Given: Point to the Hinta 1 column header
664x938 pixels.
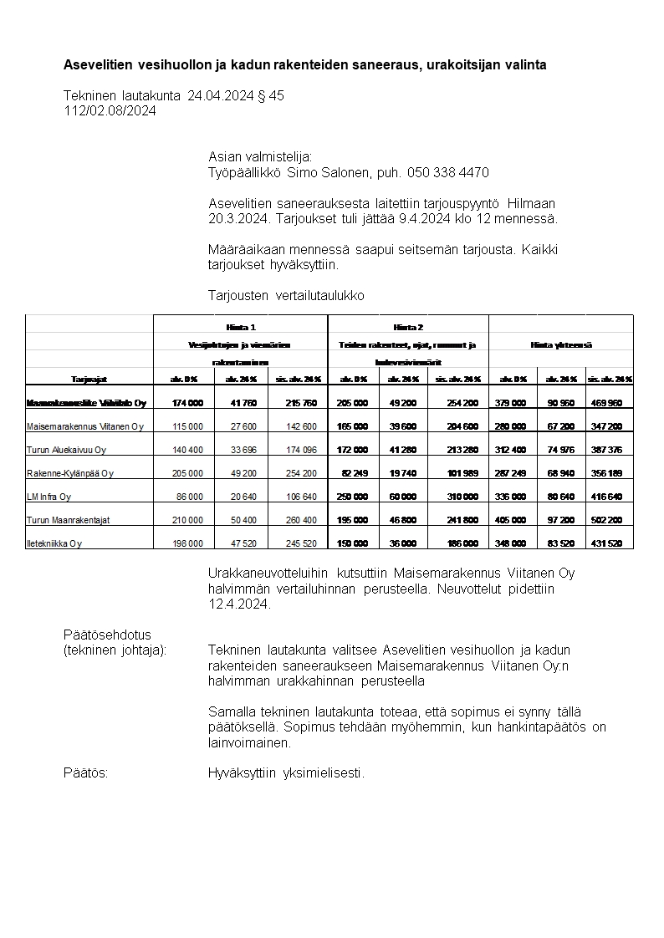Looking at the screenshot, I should click(241, 328).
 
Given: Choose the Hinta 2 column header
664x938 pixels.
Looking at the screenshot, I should click(408, 328).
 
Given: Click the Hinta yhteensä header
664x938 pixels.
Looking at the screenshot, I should click(561, 344).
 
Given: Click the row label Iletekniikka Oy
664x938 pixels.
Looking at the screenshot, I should click(54, 543).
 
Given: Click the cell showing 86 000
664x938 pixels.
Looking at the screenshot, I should click(186, 497).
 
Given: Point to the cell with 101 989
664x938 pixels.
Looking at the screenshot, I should click(462, 473).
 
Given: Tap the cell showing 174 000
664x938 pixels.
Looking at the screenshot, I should click(186, 403).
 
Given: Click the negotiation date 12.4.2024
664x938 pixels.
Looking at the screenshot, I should click(239, 604).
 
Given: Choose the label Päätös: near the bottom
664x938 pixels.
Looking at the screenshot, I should click(86, 773).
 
